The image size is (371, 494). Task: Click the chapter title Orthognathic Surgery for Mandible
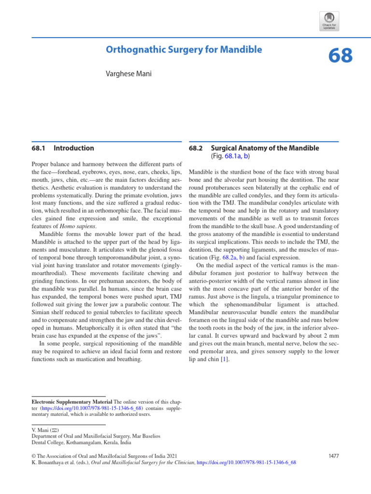pyautogui.click(x=184, y=50)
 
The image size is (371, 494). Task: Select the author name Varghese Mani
pyautogui.click(x=128, y=75)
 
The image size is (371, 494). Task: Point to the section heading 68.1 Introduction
pyautogui.click(x=63, y=148)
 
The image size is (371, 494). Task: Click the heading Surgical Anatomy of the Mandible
pyautogui.click(x=265, y=148)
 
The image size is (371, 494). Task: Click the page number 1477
pyautogui.click(x=333, y=455)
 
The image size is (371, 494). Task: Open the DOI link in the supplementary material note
pyautogui.click(x=78, y=408)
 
